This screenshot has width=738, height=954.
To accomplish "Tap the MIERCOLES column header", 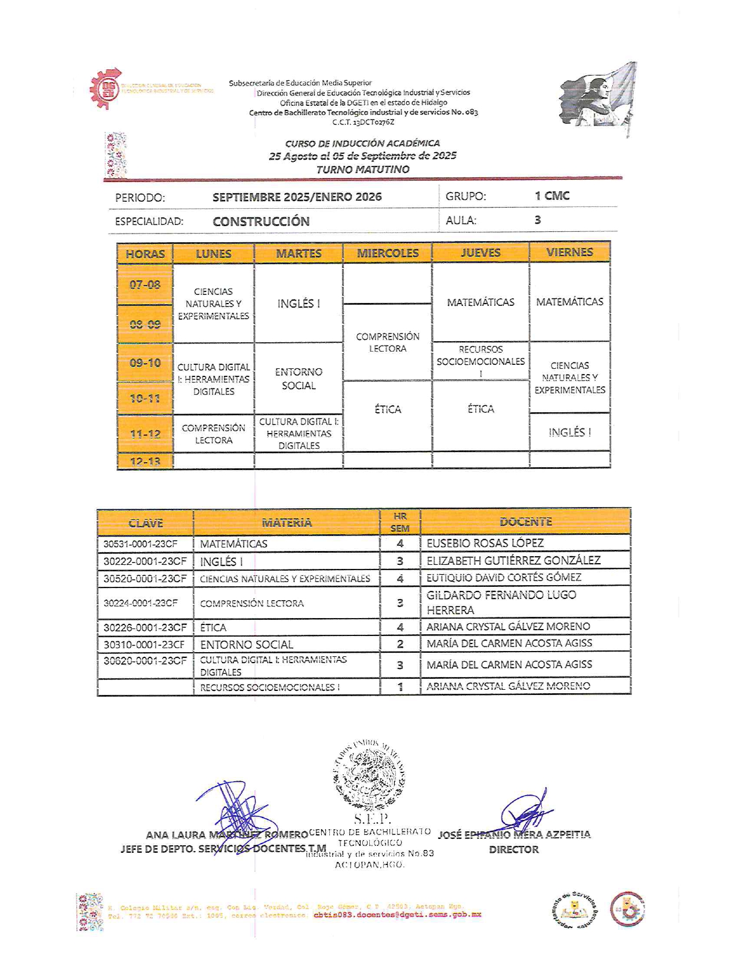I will (x=387, y=253).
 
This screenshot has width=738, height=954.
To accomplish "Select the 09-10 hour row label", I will (x=145, y=363).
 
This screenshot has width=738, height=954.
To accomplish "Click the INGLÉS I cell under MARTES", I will (x=299, y=304).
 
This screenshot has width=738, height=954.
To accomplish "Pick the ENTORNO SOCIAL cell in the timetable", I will (x=299, y=379).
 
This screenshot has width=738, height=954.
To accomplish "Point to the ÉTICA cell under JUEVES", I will (x=480, y=409).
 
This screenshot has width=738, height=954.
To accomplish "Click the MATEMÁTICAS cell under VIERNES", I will (x=570, y=302).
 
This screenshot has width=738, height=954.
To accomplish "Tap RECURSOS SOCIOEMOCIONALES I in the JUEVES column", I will (x=480, y=361).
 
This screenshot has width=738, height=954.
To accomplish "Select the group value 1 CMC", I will (x=552, y=196).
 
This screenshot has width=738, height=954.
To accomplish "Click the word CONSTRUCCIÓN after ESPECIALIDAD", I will (x=261, y=221).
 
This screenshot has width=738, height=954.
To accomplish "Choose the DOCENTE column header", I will (x=526, y=522).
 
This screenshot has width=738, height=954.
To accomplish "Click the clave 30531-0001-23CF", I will (x=141, y=544).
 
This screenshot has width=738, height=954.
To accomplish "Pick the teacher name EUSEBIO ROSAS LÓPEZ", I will (x=485, y=543).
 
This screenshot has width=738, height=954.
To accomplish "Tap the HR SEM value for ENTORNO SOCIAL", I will (x=400, y=644).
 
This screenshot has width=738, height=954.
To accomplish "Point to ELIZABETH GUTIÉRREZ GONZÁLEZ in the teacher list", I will (x=513, y=560).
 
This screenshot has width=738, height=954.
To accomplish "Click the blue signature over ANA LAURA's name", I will (x=237, y=812).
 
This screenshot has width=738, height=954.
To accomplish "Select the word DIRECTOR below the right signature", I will (x=513, y=849).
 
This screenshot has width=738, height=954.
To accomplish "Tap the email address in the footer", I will (x=397, y=915).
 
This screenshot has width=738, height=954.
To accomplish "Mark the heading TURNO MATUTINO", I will (x=362, y=169).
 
